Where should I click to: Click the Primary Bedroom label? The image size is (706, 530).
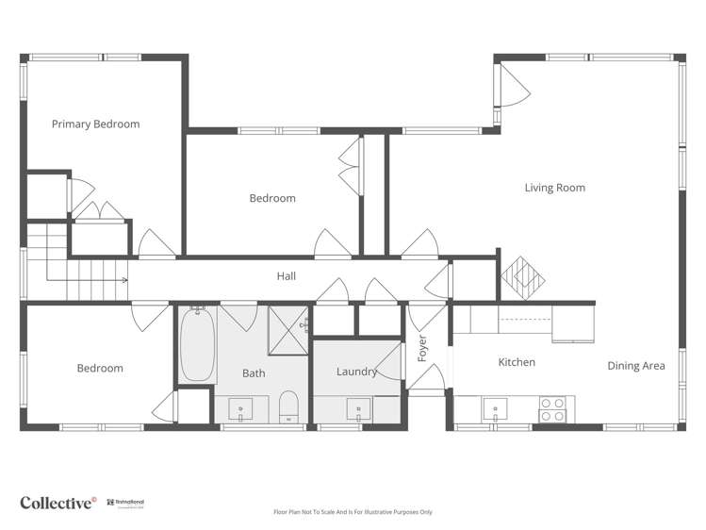coord(95,124)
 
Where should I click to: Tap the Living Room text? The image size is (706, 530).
coord(554,188)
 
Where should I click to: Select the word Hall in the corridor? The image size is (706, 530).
coord(286,276)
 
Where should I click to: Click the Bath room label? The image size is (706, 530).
coord(254,373)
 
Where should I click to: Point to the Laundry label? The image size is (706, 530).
coord(356,372)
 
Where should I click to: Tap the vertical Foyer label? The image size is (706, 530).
coord(422,347)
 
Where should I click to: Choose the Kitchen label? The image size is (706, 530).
coord(517,362)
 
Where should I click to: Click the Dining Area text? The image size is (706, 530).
coord(635,366)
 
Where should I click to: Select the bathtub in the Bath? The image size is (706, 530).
coord(198,343)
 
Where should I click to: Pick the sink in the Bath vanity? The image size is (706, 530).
coord(241,410)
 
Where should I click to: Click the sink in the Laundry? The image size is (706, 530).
coord(358,410)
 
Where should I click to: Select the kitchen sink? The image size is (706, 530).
coord(496,409)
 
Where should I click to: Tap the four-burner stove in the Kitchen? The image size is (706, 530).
coord(552,409)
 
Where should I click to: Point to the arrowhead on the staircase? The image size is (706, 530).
coord(123,280)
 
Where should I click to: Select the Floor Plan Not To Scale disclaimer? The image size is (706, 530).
coord(353,512)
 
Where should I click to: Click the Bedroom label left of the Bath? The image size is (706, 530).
coord(100,369)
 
